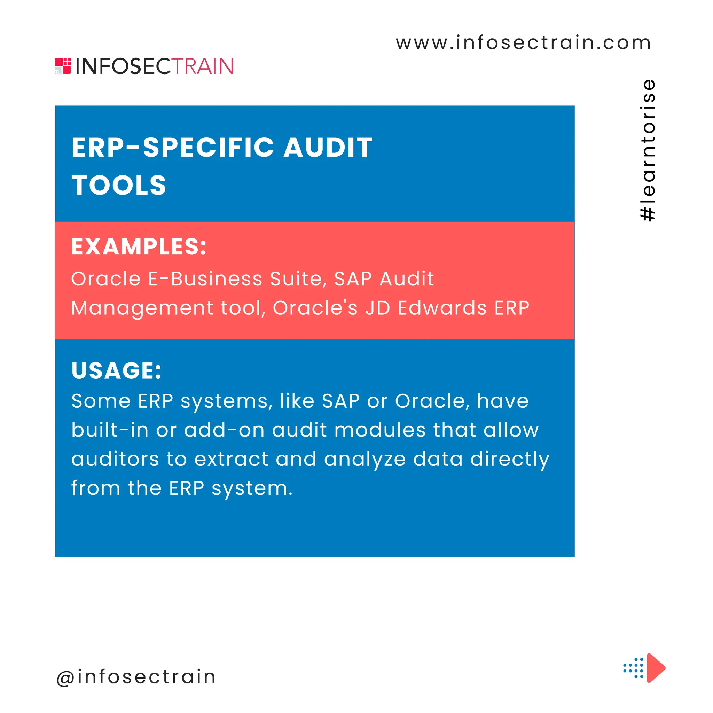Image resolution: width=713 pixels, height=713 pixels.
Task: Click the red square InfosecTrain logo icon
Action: tap(63, 66)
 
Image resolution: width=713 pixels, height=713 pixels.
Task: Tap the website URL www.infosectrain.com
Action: tap(523, 42)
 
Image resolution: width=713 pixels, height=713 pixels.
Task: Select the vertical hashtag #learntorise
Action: tap(648, 150)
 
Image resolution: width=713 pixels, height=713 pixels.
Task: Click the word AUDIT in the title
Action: tap(328, 148)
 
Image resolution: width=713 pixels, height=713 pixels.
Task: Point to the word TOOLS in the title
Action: tap(119, 185)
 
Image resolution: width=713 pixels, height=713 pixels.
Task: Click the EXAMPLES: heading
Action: tap(139, 246)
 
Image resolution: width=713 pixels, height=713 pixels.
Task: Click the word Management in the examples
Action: tap(142, 308)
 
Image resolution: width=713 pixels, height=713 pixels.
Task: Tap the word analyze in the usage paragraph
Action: tap(365, 460)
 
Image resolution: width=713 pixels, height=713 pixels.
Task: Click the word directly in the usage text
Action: tap(510, 460)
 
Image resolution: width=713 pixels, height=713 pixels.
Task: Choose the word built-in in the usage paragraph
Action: tap(110, 430)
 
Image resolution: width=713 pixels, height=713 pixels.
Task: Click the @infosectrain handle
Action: tap(136, 677)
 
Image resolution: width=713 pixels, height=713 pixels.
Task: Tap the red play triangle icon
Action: tap(655, 668)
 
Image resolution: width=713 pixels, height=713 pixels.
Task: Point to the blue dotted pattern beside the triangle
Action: tap(633, 668)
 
